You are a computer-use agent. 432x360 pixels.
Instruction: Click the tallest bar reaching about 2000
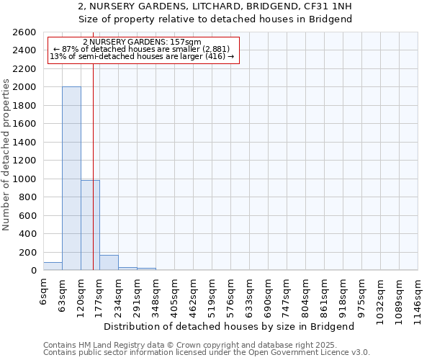point(71,179)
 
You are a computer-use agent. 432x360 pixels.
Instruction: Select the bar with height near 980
point(90,225)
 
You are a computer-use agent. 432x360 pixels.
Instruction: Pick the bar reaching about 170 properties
point(109,263)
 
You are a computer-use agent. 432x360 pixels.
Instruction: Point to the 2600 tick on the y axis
point(24,32)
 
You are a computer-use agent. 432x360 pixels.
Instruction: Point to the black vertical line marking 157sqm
point(93,166)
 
